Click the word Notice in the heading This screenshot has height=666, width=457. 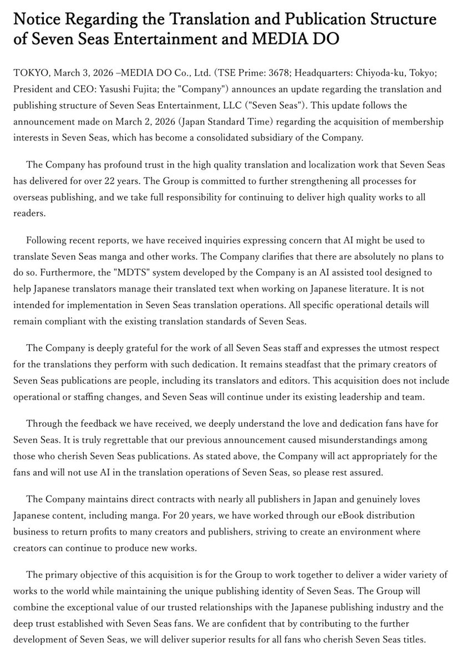[37, 20]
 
